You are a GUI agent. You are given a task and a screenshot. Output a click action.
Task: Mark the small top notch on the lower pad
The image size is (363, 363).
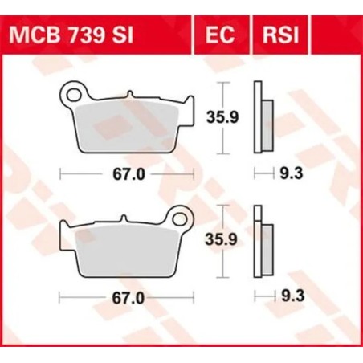click(x=120, y=220)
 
